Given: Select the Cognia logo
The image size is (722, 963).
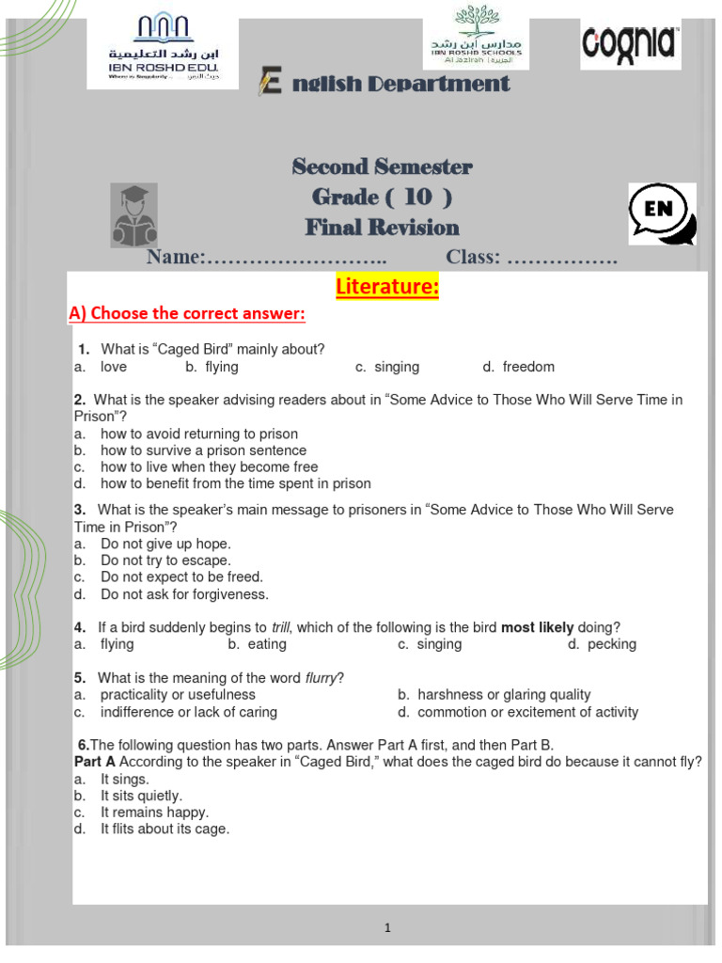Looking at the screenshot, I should [630, 43].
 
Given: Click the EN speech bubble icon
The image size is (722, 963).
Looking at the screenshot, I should [662, 213].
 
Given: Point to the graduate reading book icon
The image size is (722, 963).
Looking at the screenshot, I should [134, 214].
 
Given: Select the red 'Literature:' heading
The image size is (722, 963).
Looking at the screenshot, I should [387, 287].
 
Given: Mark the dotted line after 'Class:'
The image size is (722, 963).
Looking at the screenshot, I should [562, 258].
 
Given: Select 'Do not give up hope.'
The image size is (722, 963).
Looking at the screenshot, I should [165, 544].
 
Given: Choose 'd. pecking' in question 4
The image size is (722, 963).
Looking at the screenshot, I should [603, 644].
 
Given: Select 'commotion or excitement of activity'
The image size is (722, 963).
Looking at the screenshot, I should [527, 712].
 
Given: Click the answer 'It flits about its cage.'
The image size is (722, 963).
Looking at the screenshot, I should [165, 829].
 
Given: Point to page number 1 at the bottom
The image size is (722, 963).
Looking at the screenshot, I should [387, 928].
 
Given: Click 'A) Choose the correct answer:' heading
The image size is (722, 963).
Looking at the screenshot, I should [187, 313].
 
